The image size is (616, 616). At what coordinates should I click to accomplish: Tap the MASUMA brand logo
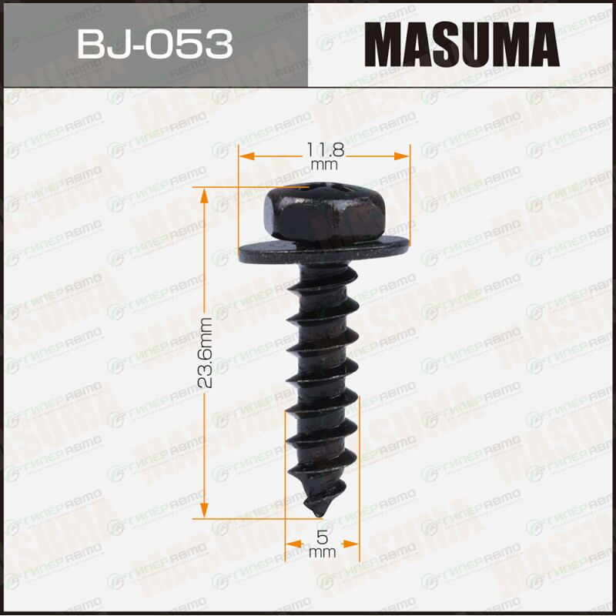point(461,45)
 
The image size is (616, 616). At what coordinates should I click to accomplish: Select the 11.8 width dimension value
point(325,149)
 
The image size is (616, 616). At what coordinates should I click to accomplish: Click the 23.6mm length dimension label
point(205,353)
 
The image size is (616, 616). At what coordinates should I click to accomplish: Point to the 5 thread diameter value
point(322,537)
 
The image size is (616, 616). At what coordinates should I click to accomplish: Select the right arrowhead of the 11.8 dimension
point(401,156)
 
